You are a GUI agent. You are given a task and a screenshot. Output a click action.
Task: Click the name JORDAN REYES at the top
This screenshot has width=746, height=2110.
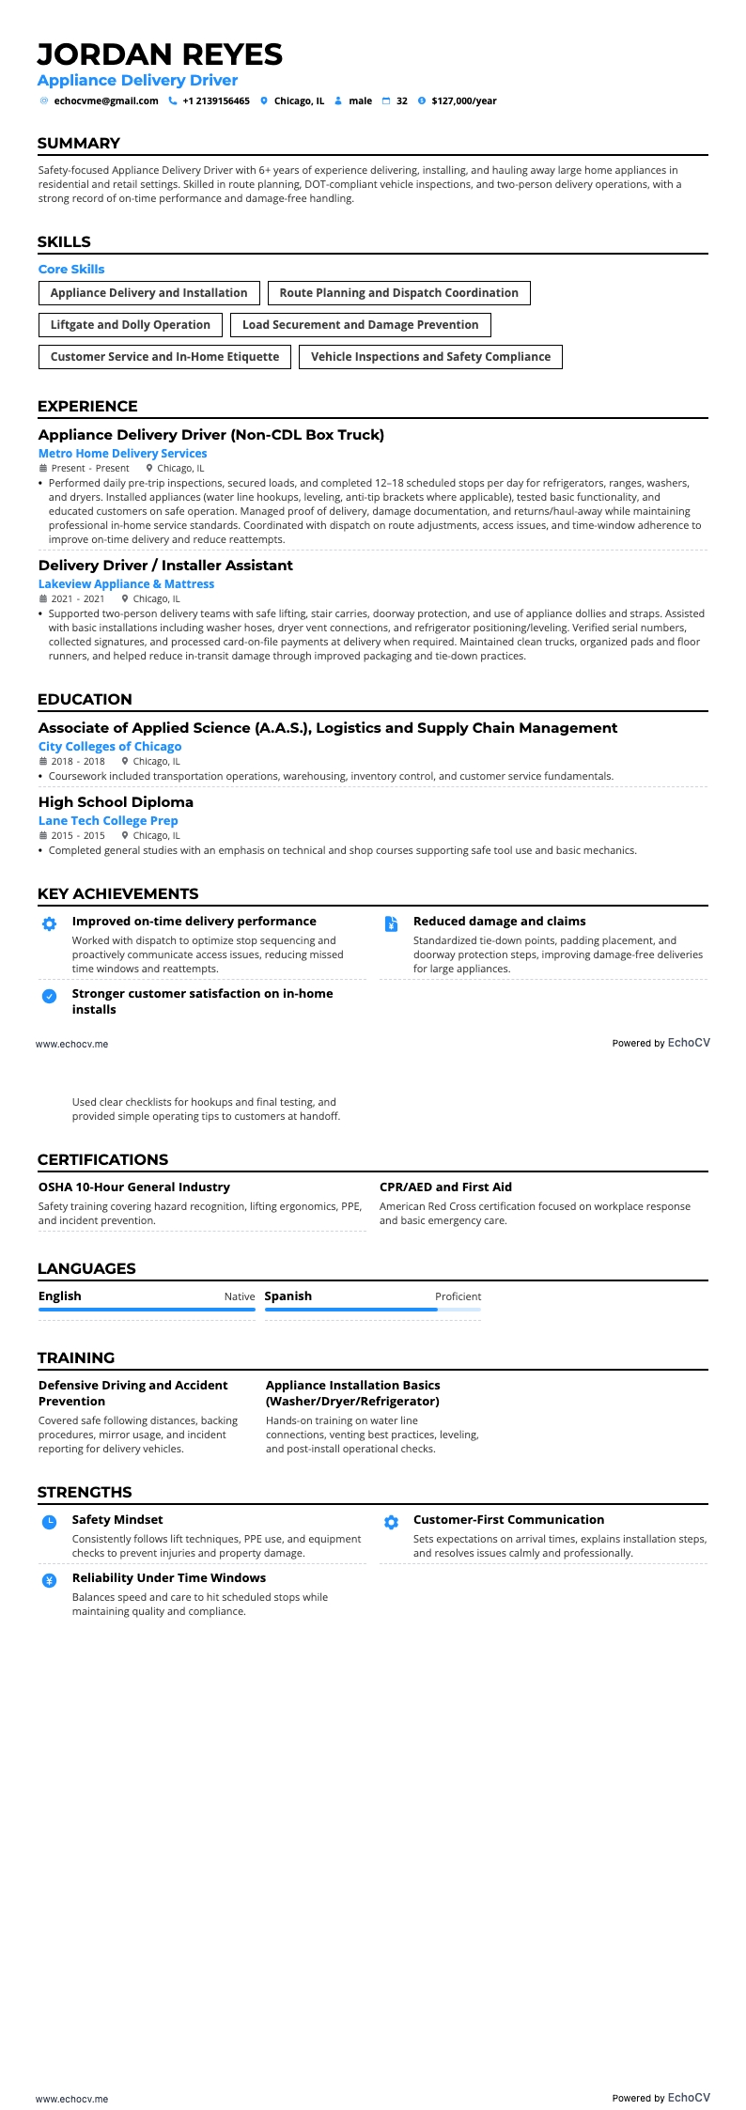tap(160, 54)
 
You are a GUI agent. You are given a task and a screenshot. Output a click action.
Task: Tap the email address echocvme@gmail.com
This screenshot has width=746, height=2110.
tap(105, 101)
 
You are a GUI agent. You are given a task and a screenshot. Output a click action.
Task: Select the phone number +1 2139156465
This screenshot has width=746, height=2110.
tap(215, 101)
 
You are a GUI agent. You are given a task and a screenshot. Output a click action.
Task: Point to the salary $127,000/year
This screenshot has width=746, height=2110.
tap(463, 101)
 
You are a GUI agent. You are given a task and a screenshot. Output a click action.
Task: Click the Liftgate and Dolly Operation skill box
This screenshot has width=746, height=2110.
tap(131, 325)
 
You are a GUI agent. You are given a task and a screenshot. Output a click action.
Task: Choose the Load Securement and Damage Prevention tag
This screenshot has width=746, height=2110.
tap(360, 325)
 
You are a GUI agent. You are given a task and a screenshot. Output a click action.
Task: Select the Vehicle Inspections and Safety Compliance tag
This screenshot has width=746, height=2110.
tap(430, 357)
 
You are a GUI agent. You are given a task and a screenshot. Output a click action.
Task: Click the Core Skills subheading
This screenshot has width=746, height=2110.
tap(71, 270)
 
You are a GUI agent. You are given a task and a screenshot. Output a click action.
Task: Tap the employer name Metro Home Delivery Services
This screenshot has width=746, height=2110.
tap(122, 454)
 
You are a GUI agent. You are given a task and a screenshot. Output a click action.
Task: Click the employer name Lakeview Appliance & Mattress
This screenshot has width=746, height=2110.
tap(126, 584)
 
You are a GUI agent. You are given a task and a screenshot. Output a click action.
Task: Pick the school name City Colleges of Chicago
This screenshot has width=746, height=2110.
tap(110, 747)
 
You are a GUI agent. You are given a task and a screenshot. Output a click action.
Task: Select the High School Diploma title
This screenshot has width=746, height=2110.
tap(116, 802)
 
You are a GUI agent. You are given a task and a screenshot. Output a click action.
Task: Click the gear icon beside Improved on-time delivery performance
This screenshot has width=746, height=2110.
tap(50, 924)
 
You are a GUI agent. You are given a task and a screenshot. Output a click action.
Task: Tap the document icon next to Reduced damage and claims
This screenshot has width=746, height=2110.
tap(391, 924)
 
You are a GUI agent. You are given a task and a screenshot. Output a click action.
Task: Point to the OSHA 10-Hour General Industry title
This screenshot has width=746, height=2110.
tap(133, 1187)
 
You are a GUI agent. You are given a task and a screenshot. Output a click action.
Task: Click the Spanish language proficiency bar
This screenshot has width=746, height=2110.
tap(372, 1309)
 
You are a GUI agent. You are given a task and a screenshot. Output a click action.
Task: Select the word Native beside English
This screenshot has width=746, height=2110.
tap(239, 1296)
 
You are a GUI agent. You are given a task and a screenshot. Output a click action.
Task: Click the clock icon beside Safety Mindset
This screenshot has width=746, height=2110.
tap(50, 1522)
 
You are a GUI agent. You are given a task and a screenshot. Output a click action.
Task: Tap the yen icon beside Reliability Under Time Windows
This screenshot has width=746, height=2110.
tap(50, 1580)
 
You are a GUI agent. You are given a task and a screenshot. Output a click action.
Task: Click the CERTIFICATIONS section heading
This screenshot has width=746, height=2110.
tap(102, 1159)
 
